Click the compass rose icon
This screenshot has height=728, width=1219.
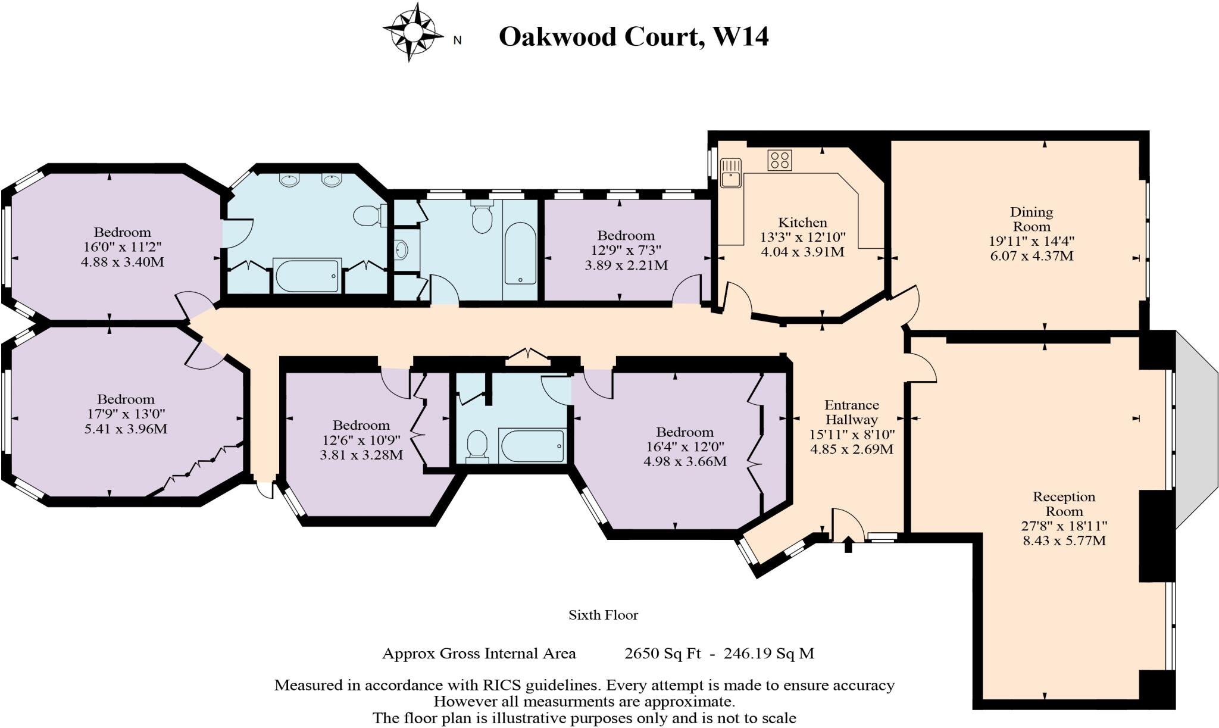(x=412, y=32)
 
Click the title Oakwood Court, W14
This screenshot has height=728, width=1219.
(x=633, y=36)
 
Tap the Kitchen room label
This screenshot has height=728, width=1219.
(x=802, y=223)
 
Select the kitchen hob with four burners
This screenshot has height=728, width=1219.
(x=779, y=160)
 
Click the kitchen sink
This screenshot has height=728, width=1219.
(x=730, y=173)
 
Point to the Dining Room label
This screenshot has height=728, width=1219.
(x=1031, y=219)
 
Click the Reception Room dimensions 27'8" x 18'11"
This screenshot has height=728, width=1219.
(x=1064, y=526)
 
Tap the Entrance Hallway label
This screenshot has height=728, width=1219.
(x=852, y=412)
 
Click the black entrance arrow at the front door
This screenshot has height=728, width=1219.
(x=848, y=544)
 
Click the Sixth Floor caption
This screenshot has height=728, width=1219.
(x=603, y=615)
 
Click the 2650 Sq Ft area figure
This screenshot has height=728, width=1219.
(x=662, y=654)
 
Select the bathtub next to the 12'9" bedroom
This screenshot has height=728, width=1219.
(x=520, y=254)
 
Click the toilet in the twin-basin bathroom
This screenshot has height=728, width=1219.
(x=365, y=215)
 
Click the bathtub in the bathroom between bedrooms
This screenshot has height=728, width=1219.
(x=532, y=445)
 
